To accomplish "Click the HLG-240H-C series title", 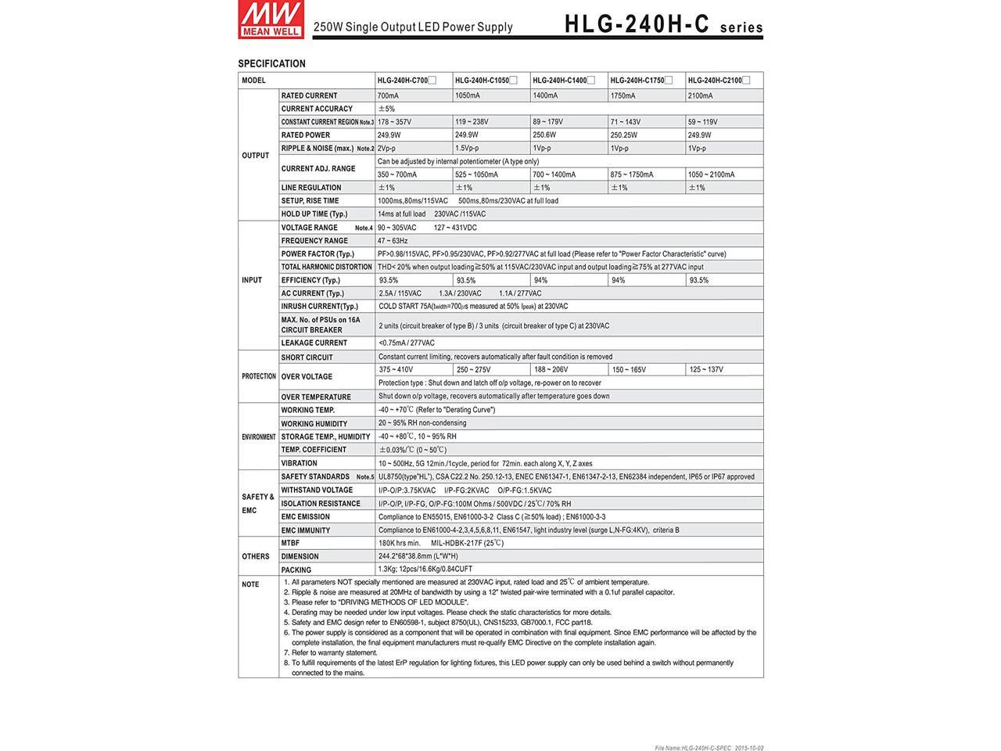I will click(663, 24).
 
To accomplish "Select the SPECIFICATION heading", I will click(271, 63).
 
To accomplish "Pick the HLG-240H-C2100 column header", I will click(714, 81).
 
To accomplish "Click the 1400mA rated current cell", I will click(545, 96).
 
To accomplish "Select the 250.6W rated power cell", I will click(544, 135).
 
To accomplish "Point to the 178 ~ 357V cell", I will click(394, 122).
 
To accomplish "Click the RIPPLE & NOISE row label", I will click(317, 149).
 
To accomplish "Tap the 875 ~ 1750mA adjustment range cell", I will click(632, 174).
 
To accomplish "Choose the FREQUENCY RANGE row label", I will click(314, 241).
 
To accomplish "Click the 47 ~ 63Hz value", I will click(393, 241).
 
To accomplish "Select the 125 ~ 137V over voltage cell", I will click(705, 369).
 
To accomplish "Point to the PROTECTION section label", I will click(258, 376).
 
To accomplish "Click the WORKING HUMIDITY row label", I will click(314, 424).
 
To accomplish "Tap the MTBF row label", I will click(290, 543).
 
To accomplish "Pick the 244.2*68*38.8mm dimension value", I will click(418, 556).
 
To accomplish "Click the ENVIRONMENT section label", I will click(258, 437).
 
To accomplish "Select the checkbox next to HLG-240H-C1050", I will click(513, 80).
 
